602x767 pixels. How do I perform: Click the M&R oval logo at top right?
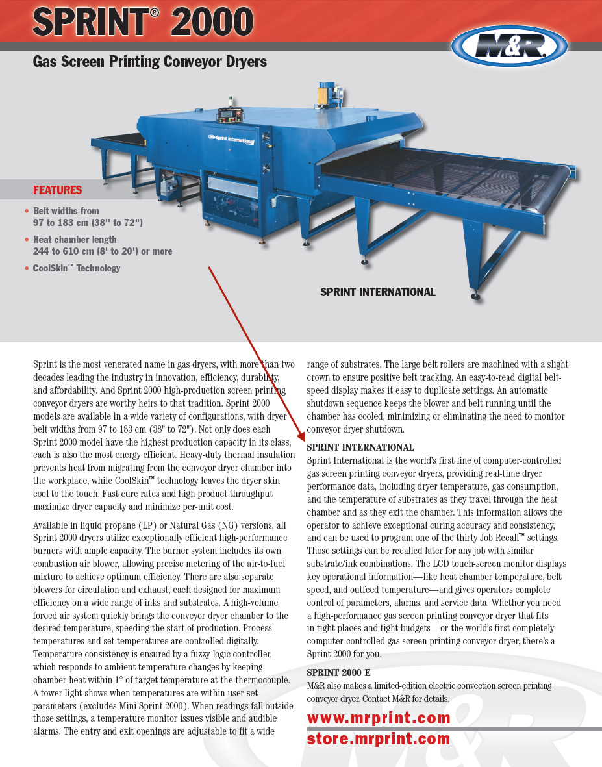509,46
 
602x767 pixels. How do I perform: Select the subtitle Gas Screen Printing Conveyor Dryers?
150,62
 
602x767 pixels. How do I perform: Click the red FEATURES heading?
57,190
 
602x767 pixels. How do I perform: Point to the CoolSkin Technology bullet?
76,268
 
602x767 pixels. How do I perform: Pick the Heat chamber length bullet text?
102,245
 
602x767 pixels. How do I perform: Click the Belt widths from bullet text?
88,217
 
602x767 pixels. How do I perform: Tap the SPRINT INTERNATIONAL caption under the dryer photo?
377,292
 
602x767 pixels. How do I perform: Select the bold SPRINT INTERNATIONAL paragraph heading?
360,447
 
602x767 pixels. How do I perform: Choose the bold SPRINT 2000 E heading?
338,673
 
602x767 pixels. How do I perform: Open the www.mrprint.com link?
379,718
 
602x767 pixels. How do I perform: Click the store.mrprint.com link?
379,739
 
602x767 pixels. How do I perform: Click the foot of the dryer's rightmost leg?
476,297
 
